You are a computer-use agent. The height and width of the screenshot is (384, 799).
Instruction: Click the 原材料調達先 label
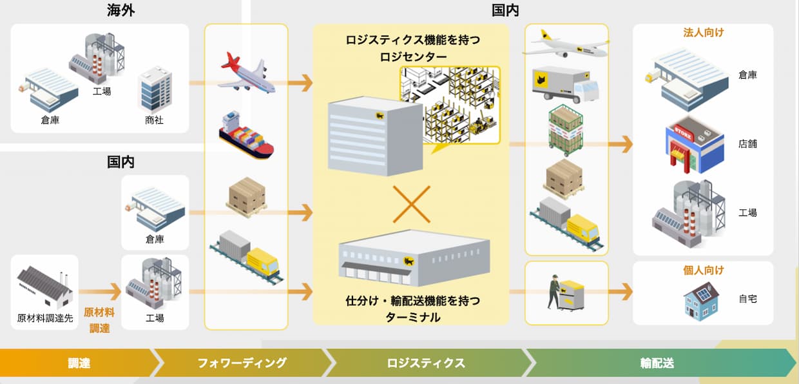point(45,318)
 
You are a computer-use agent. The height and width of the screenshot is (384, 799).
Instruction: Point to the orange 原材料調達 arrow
point(100,292)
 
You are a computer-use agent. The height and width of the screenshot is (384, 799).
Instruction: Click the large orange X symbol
point(411,206)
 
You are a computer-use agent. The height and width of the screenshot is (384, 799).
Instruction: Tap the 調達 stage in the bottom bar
point(79,363)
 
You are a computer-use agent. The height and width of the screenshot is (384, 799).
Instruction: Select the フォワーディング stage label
point(242,363)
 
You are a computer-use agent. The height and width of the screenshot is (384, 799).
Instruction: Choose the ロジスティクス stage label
point(426,363)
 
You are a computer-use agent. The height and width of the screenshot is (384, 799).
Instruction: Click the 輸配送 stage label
point(657,363)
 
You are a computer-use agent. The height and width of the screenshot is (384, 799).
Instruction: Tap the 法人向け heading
point(703,32)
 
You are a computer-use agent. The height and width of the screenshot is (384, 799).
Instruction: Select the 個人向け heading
point(703,270)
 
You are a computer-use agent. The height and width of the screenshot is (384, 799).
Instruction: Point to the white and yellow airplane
point(566,44)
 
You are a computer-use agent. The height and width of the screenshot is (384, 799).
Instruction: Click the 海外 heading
point(120,10)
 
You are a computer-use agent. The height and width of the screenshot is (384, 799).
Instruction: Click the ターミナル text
point(412,316)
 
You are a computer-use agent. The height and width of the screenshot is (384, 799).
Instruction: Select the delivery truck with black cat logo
point(565,85)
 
